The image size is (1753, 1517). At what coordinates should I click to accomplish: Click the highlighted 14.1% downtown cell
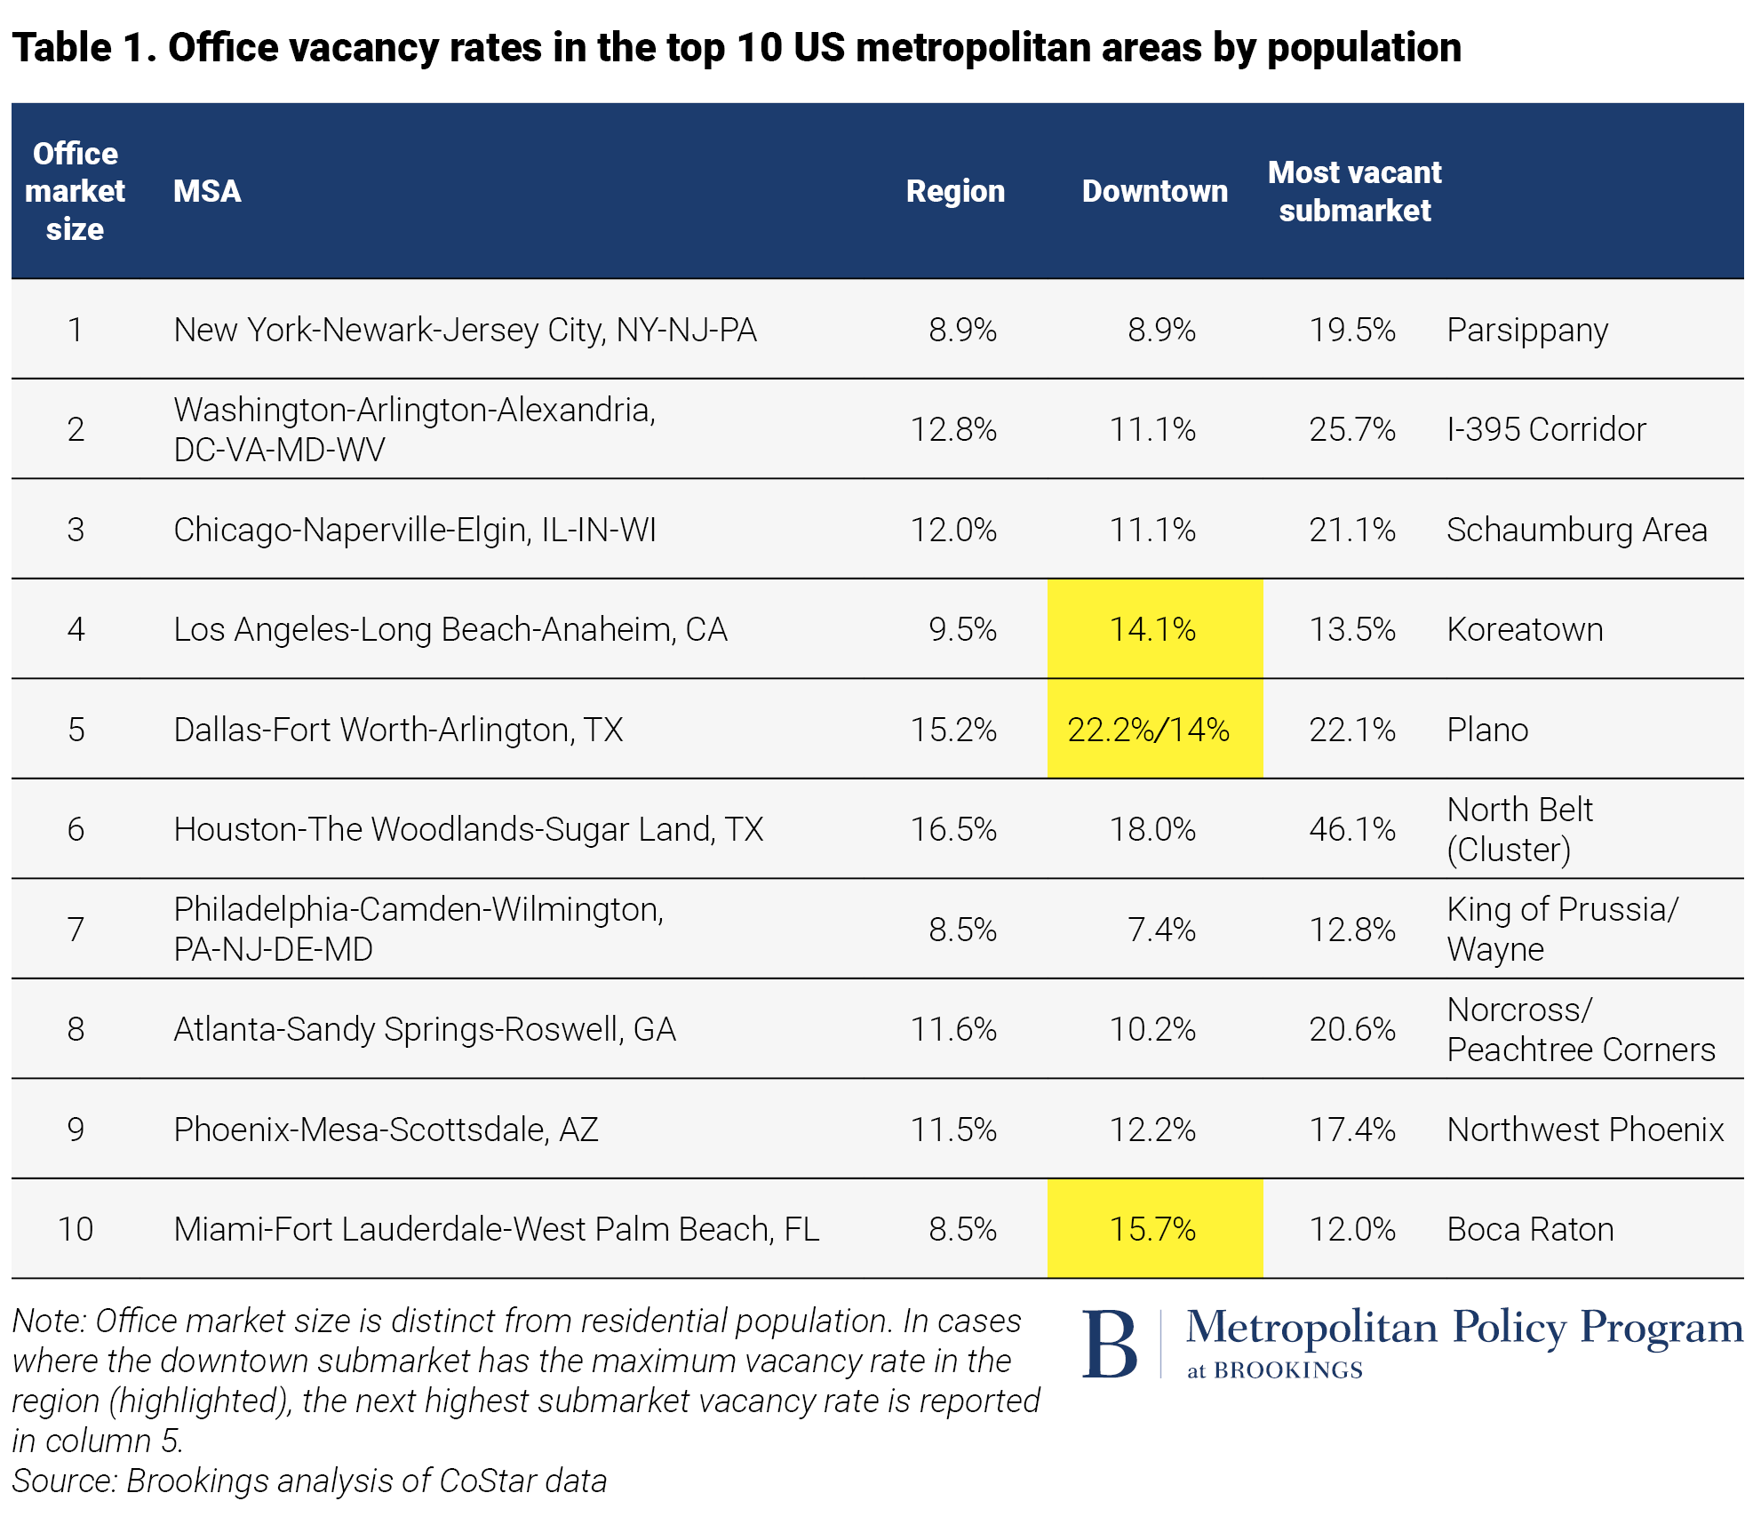pyautogui.click(x=1153, y=629)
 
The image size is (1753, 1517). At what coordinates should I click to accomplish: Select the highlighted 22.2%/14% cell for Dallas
pyautogui.click(x=1149, y=730)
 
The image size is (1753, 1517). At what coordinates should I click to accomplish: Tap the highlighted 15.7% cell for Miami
pyautogui.click(x=1153, y=1229)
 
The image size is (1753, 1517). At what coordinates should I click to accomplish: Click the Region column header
pyautogui.click(x=955, y=191)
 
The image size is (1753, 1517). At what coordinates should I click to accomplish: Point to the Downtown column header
pyautogui.click(x=1154, y=191)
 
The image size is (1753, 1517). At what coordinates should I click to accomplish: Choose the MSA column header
pyautogui.click(x=207, y=191)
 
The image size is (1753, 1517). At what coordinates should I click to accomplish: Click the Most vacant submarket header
pyautogui.click(x=1354, y=191)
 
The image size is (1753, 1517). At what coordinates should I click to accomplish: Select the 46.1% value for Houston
pyautogui.click(x=1351, y=829)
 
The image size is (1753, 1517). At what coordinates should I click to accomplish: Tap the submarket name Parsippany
pyautogui.click(x=1527, y=330)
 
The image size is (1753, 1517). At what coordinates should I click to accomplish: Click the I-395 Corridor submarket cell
pyautogui.click(x=1546, y=429)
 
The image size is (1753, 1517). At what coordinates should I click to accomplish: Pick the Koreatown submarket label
pyautogui.click(x=1525, y=629)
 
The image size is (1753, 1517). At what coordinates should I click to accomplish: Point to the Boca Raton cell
pyautogui.click(x=1530, y=1229)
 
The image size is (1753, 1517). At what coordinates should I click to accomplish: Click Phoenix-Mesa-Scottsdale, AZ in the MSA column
pyautogui.click(x=386, y=1130)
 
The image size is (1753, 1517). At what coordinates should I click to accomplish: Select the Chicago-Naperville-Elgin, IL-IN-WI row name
pyautogui.click(x=415, y=530)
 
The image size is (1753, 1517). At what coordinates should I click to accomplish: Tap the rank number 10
pyautogui.click(x=76, y=1229)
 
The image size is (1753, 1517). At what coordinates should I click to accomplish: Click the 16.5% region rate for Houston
pyautogui.click(x=953, y=829)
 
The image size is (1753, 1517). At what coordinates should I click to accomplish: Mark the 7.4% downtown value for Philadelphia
pyautogui.click(x=1161, y=930)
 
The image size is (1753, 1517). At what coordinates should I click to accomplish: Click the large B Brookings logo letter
pyautogui.click(x=1111, y=1345)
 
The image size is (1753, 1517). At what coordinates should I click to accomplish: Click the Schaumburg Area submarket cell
pyautogui.click(x=1576, y=530)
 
